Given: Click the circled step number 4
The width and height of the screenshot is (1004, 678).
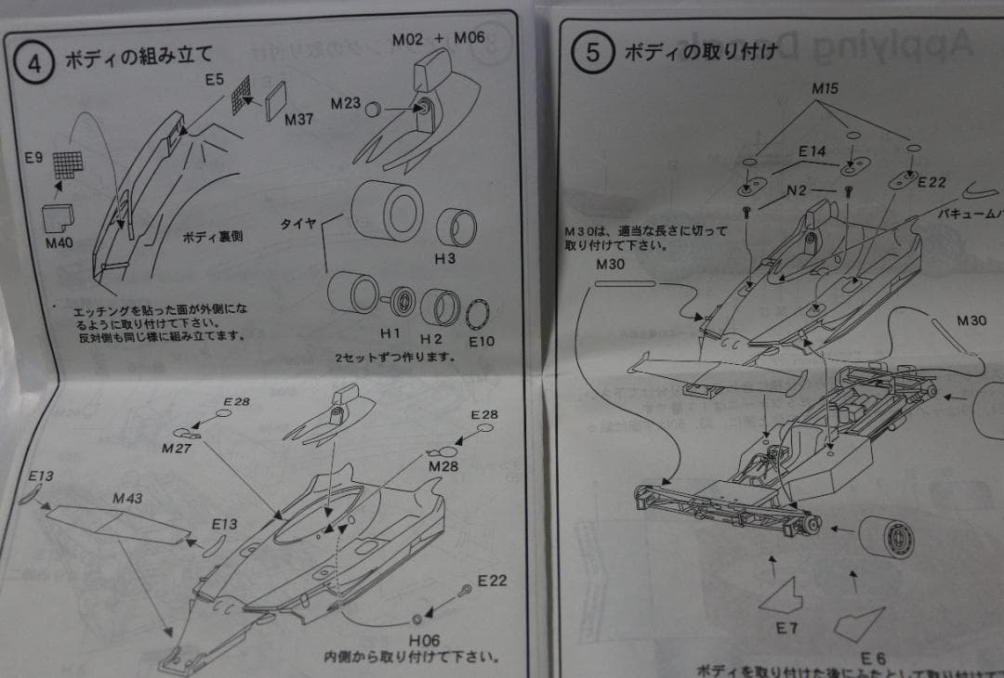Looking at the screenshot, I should click(x=35, y=64).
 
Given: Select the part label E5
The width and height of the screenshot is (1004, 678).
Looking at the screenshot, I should click(x=215, y=81).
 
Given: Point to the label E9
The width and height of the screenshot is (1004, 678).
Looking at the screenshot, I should click(x=33, y=158).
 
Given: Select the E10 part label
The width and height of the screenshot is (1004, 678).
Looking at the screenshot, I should click(x=482, y=341).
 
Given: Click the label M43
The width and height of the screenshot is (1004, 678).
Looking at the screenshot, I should click(x=128, y=499).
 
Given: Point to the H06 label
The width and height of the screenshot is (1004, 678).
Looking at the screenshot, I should click(x=423, y=640).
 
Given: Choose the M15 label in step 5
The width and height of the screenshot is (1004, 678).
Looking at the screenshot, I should click(x=825, y=90).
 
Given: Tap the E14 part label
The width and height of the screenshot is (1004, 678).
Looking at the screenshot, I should click(x=812, y=150).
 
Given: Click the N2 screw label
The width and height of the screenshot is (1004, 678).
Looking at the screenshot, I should click(x=797, y=191).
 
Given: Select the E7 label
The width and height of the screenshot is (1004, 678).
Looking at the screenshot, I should click(x=786, y=628).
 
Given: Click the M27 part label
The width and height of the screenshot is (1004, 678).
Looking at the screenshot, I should click(x=176, y=448).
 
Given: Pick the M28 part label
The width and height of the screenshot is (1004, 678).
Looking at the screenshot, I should click(x=443, y=465).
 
